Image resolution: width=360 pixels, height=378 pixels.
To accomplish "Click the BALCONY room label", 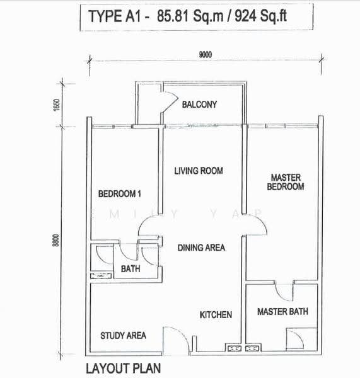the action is pyautogui.click(x=199, y=105).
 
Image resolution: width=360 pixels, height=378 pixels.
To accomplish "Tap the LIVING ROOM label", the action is pyautogui.click(x=199, y=171).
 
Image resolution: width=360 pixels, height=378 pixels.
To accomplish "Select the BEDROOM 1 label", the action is pyautogui.click(x=119, y=193).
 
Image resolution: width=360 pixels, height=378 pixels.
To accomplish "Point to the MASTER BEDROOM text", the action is pyautogui.click(x=286, y=182).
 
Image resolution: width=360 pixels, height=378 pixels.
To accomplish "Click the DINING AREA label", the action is pyautogui.click(x=201, y=248).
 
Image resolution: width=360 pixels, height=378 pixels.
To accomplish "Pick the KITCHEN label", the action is pyautogui.click(x=216, y=314).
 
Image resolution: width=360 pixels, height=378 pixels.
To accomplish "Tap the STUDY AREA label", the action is pyautogui.click(x=123, y=335).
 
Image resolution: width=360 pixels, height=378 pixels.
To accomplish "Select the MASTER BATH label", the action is pyautogui.click(x=282, y=311).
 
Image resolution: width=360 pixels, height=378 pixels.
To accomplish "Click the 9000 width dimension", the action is pyautogui.click(x=206, y=55).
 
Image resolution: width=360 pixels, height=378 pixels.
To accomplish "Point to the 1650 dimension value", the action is pyautogui.click(x=56, y=105).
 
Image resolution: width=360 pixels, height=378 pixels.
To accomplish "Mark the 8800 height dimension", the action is pyautogui.click(x=55, y=240).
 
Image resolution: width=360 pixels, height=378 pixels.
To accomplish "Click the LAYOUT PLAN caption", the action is pyautogui.click(x=124, y=369).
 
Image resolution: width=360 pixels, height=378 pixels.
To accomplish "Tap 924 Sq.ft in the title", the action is pyautogui.click(x=260, y=16).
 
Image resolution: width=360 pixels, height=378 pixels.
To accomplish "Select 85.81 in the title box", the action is pyautogui.click(x=173, y=16).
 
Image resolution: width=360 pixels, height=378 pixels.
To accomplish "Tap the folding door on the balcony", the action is pyautogui.click(x=170, y=101).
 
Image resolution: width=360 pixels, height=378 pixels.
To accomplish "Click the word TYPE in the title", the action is pyautogui.click(x=105, y=16).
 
